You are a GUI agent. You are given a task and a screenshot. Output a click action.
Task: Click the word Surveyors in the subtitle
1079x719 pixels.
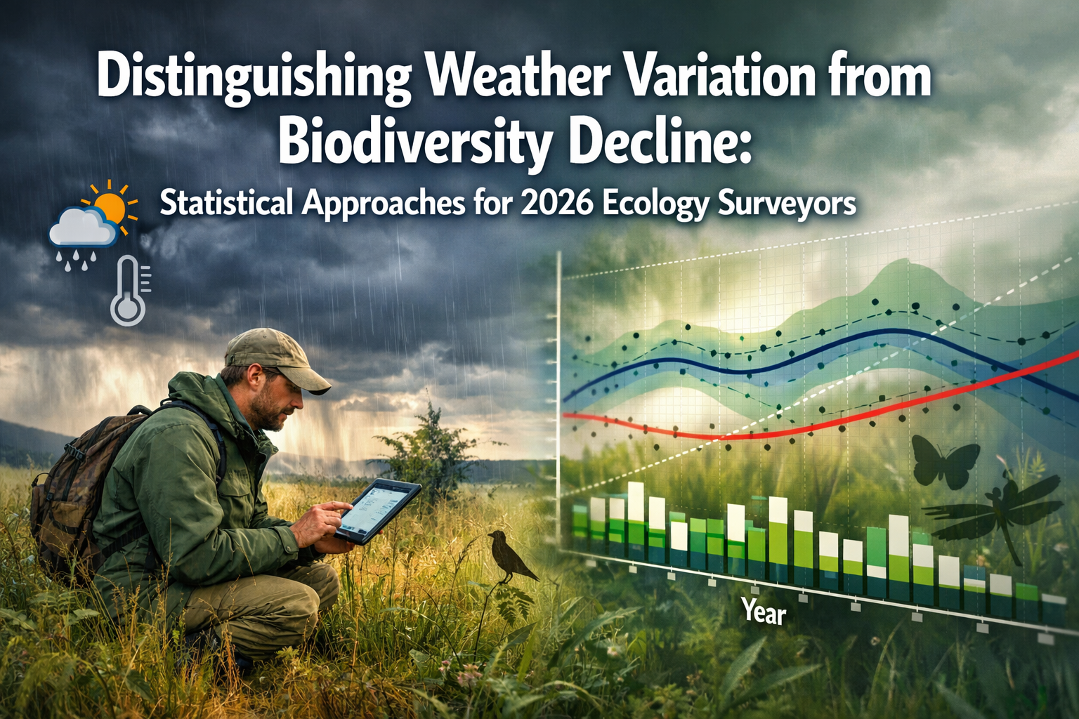(x=787, y=204)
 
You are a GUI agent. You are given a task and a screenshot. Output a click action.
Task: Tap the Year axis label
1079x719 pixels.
(x=764, y=612)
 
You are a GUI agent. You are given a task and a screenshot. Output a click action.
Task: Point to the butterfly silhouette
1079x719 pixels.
(x=944, y=460)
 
